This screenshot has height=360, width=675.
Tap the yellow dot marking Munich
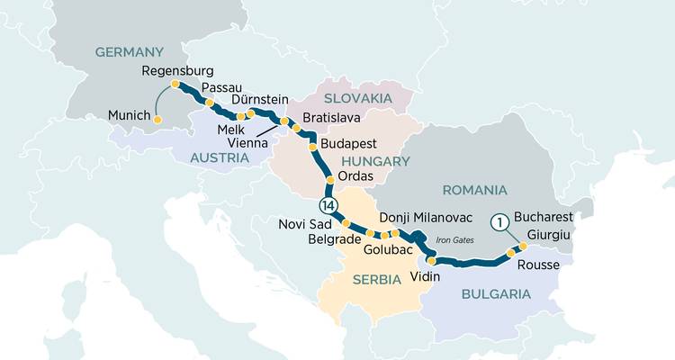tap(157, 120)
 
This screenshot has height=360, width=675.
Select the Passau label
tap(222, 86)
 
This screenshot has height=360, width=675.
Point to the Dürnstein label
tap(260, 99)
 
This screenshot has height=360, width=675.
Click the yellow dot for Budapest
tap(312, 146)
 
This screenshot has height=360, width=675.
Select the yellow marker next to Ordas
tap(330, 181)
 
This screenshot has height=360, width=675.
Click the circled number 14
tap(329, 207)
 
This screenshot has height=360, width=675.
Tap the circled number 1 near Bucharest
tap(498, 221)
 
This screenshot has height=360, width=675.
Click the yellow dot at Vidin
tap(431, 260)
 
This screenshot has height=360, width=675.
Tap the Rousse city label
tap(539, 265)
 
